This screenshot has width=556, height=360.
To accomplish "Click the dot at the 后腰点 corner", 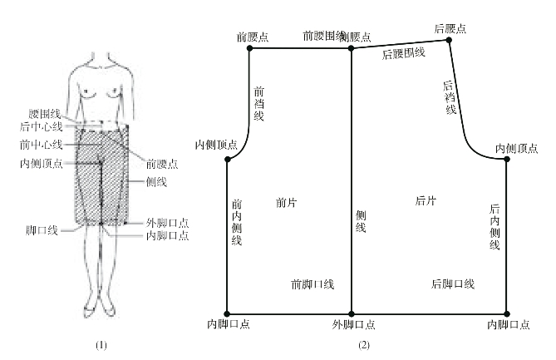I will click(450, 39).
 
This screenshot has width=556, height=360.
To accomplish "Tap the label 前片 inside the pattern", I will click(285, 201).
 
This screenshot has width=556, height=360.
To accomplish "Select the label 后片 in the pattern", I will click(426, 200).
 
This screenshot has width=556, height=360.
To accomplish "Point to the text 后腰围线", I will click(404, 54).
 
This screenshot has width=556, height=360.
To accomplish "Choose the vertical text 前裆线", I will click(258, 103).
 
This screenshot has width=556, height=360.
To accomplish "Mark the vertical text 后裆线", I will click(450, 97).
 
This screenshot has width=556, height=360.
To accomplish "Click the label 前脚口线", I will click(312, 284).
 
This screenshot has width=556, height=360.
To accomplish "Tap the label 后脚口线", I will click(453, 284).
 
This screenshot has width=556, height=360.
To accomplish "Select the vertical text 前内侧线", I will click(237, 222).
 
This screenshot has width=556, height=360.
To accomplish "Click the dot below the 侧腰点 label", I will click(351, 48).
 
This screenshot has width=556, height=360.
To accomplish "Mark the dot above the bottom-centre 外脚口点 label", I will click(351, 308).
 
